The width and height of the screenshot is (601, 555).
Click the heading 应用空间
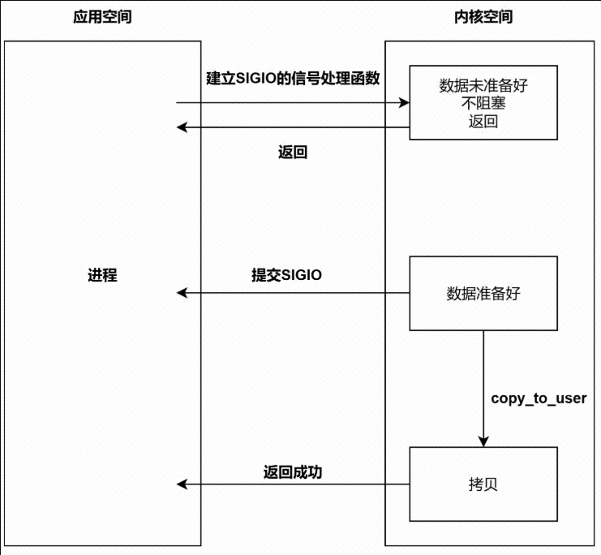[x=102, y=18]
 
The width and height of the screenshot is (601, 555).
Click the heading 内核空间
[x=483, y=18]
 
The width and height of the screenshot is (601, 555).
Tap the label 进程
[x=102, y=275]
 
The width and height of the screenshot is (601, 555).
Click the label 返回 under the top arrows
[x=293, y=153]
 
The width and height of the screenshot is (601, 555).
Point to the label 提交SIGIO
[x=286, y=275]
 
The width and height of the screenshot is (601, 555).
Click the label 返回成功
[x=293, y=471]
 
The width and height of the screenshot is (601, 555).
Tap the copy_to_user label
[x=539, y=398]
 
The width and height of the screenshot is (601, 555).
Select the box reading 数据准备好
[x=483, y=294]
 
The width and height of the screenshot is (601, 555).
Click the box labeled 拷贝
[x=483, y=484]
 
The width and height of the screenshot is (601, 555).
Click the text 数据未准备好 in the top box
[x=483, y=85]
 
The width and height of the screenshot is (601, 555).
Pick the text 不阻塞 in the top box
[x=483, y=104]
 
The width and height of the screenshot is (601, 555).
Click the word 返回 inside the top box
[x=483, y=123]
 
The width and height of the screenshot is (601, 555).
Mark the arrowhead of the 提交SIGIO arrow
[x=183, y=293]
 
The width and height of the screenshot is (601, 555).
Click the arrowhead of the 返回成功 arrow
[x=183, y=484]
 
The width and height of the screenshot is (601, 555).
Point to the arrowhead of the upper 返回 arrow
[x=183, y=127]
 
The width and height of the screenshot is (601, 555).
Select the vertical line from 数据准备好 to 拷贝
[x=483, y=381]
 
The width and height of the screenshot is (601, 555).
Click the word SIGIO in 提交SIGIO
[x=301, y=275]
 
